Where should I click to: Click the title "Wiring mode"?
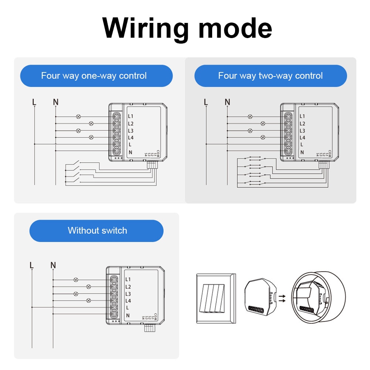coord(187,28)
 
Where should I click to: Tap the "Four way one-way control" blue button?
coord(96,76)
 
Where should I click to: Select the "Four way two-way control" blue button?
coord(271,76)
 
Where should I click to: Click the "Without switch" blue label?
coord(96,231)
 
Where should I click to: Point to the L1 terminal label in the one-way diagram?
coord(130,116)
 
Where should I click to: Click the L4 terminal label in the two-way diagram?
coord(302,138)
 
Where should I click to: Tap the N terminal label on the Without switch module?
coord(128,315)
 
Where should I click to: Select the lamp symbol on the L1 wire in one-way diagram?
coord(78,116)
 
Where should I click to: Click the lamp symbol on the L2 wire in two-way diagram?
coord(263,123)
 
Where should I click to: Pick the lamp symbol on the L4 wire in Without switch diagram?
coord(89,301)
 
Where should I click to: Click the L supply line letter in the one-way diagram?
coord(34,102)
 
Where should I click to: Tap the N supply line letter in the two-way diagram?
coord(227,102)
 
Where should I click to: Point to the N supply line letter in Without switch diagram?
coord(53,265)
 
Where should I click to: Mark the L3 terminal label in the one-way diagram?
coord(130,131)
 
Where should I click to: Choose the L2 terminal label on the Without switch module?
coord(128,287)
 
